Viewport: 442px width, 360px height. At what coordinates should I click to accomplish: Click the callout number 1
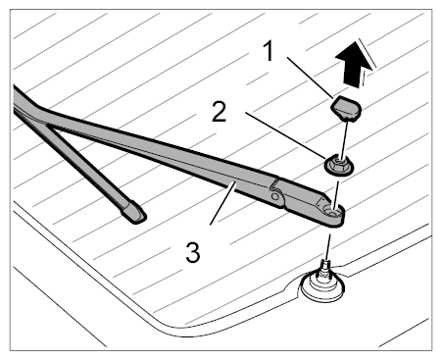click(x=269, y=51)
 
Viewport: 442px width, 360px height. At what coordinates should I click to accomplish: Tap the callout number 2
click(x=219, y=112)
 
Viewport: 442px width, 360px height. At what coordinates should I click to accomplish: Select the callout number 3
click(x=193, y=252)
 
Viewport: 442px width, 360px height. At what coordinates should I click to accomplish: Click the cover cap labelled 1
click(x=346, y=108)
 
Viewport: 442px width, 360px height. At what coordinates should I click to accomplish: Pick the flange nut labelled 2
click(x=339, y=165)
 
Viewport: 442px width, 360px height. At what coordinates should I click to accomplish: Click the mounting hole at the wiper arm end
click(x=333, y=212)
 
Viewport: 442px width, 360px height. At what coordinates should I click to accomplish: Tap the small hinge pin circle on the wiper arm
click(x=275, y=196)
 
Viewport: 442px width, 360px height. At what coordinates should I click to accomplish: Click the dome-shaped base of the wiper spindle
click(x=322, y=287)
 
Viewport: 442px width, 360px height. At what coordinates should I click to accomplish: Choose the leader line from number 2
click(x=285, y=135)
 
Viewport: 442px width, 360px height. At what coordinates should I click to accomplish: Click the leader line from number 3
click(x=222, y=203)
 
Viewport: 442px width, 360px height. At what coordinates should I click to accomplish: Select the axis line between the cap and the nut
click(x=343, y=138)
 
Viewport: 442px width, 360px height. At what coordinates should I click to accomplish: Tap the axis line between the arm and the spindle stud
click(x=327, y=246)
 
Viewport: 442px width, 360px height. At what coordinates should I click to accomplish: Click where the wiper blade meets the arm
click(x=49, y=125)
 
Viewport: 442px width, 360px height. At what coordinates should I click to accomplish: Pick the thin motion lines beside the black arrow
click(x=367, y=62)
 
